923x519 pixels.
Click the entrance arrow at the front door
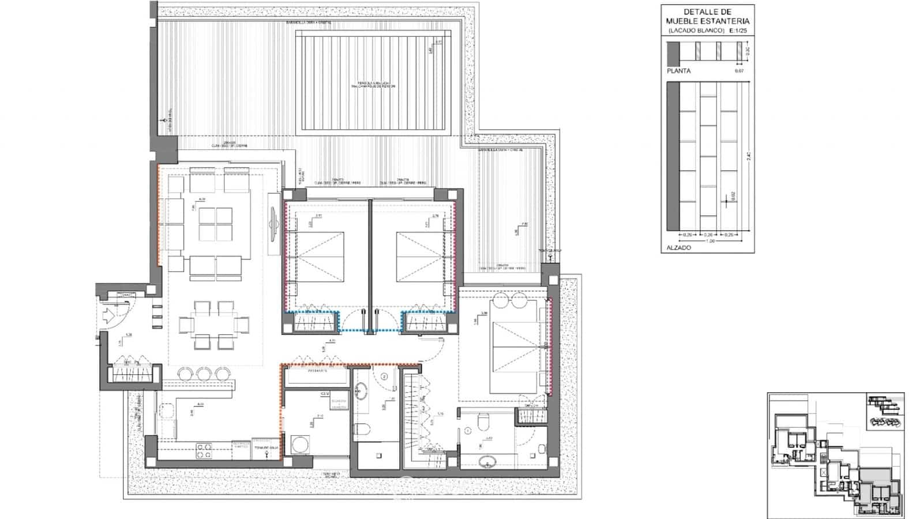click(x=107, y=315)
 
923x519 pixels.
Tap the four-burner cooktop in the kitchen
click(x=204, y=450)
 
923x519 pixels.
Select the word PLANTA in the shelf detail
click(x=678, y=71)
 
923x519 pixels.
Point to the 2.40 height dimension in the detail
click(x=748, y=156)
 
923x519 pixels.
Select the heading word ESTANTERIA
click(x=725, y=21)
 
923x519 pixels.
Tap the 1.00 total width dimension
click(x=711, y=241)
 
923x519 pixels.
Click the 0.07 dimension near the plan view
click(x=738, y=71)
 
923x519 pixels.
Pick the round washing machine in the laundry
click(x=301, y=445)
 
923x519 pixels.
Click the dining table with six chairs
click(x=215, y=325)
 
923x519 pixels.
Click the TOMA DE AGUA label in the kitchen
click(x=266, y=447)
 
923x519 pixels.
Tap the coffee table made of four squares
click(x=215, y=224)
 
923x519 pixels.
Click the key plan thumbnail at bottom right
click(x=835, y=456)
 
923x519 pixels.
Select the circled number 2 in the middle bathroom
click(x=385, y=377)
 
